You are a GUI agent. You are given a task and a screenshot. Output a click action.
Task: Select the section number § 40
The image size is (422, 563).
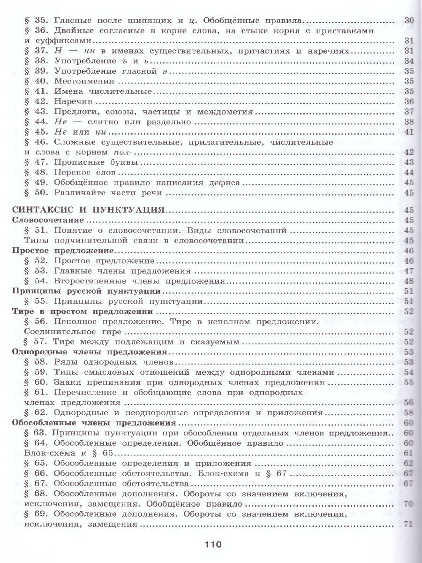pyautogui.click(x=37, y=81)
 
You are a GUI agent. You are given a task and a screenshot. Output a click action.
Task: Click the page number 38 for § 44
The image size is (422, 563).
pyautogui.click(x=408, y=122)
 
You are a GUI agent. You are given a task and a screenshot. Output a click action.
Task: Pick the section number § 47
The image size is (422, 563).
pyautogui.click(x=37, y=162)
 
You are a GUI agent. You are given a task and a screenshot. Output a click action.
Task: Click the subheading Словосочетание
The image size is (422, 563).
pyautogui.click(x=47, y=220)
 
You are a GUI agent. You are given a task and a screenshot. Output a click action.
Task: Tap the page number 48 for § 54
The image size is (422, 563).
pyautogui.click(x=408, y=281)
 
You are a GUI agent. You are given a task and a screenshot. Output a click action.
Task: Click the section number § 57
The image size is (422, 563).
pyautogui.click(x=37, y=342)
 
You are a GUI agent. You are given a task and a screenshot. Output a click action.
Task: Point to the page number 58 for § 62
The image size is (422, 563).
pyautogui.click(x=408, y=413)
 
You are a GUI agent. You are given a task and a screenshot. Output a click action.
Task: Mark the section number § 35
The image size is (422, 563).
pyautogui.click(x=37, y=21)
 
